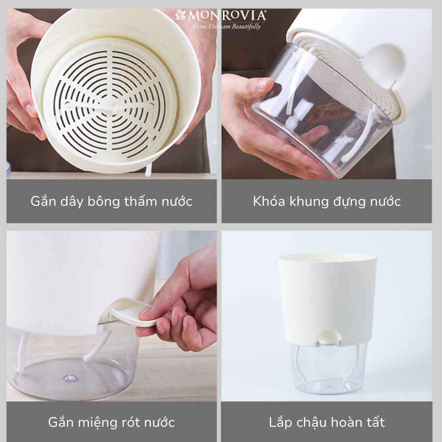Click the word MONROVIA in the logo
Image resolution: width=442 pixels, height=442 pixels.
point(227,16)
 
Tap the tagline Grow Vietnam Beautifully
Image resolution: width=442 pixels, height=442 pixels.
point(226,27)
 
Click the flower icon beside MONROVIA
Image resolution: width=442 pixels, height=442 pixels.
point(180,15)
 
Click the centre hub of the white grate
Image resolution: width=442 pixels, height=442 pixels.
point(116,107)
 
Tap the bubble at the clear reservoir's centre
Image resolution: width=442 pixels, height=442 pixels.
point(70,378)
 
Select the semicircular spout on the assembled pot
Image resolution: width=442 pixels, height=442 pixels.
point(330,337)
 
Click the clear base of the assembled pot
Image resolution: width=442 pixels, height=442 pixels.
point(329,369)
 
